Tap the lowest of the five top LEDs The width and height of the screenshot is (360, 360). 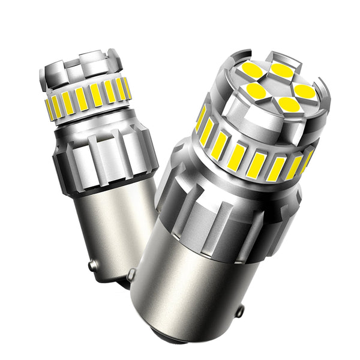click(x=289, y=104)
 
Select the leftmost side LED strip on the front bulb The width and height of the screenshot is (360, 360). click(x=200, y=118)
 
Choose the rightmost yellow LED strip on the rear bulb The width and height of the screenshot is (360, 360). click(x=127, y=88)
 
